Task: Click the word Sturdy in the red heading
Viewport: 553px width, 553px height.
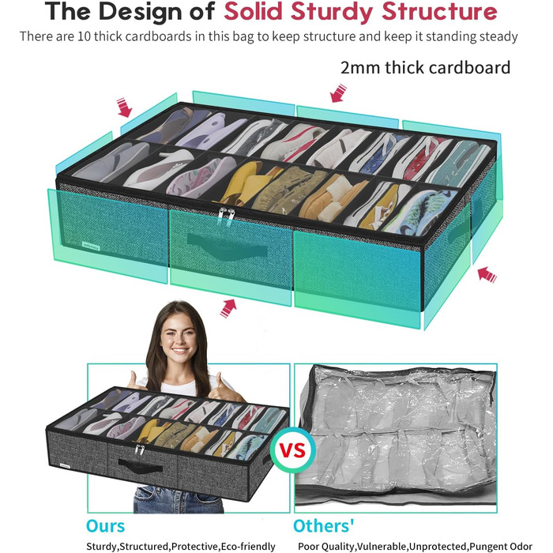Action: coord(332,11)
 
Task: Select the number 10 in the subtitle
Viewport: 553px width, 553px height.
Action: coord(85,36)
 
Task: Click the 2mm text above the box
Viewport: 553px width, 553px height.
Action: coord(360,68)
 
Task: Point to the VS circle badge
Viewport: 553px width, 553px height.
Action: coord(292,450)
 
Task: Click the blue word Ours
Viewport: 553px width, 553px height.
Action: coord(105,526)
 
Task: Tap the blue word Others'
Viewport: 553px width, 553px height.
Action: coord(324,526)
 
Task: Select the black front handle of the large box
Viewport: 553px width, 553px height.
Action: coord(227,246)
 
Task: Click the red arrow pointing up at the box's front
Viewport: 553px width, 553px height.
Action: coord(228,308)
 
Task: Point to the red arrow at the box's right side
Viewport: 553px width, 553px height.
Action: coord(487,274)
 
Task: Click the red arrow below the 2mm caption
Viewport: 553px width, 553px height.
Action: coord(339,93)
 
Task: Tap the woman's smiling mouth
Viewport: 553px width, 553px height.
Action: coord(180,352)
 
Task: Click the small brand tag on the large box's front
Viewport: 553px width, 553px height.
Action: coord(91,246)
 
